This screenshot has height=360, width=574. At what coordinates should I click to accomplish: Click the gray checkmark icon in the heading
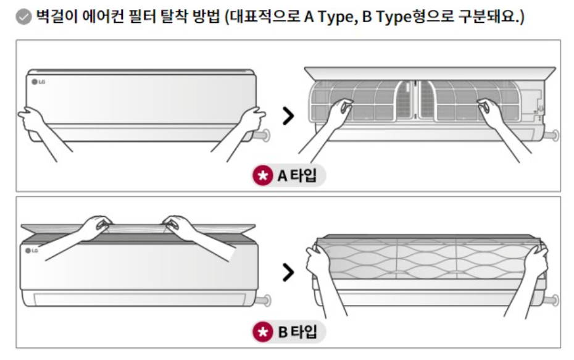(23, 17)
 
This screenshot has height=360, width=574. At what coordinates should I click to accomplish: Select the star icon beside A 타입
(262, 176)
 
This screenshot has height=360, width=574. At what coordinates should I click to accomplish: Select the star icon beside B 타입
(262, 332)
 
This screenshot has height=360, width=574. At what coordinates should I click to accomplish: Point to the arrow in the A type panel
(288, 115)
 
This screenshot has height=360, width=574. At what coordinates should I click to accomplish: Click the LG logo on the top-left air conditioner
(38, 81)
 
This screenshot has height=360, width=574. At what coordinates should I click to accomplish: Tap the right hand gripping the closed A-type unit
(252, 118)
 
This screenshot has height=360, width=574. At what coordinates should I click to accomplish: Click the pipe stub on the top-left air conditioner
(264, 135)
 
